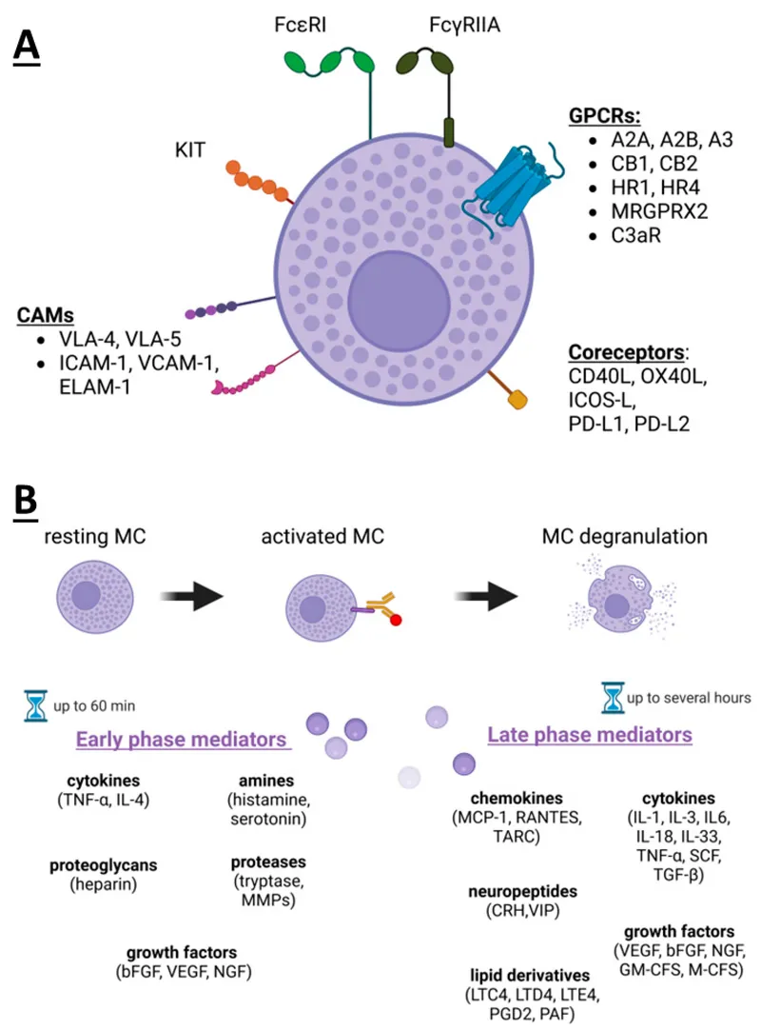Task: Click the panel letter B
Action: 28,503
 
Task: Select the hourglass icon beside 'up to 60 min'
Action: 36,704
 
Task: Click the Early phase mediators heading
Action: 183,740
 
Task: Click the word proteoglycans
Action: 103,865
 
